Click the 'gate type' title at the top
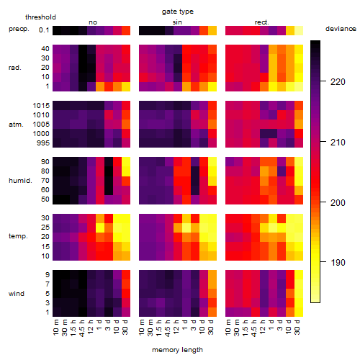click(178, 12)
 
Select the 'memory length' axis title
click(178, 350)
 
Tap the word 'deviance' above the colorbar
click(341, 29)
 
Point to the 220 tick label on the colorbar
click(338, 82)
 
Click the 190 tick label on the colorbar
click(338, 263)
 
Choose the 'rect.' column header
click(262, 22)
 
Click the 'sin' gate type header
click(177, 22)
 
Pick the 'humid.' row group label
click(20, 181)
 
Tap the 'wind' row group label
click(17, 294)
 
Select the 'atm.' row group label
click(16, 125)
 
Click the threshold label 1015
click(41, 106)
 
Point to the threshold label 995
click(43, 143)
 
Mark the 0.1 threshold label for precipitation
click(44, 30)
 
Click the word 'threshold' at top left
click(40, 17)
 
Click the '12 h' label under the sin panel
click(176, 327)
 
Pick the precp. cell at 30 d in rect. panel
click(299, 31)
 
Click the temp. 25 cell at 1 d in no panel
click(100, 228)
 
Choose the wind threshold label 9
click(48, 275)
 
